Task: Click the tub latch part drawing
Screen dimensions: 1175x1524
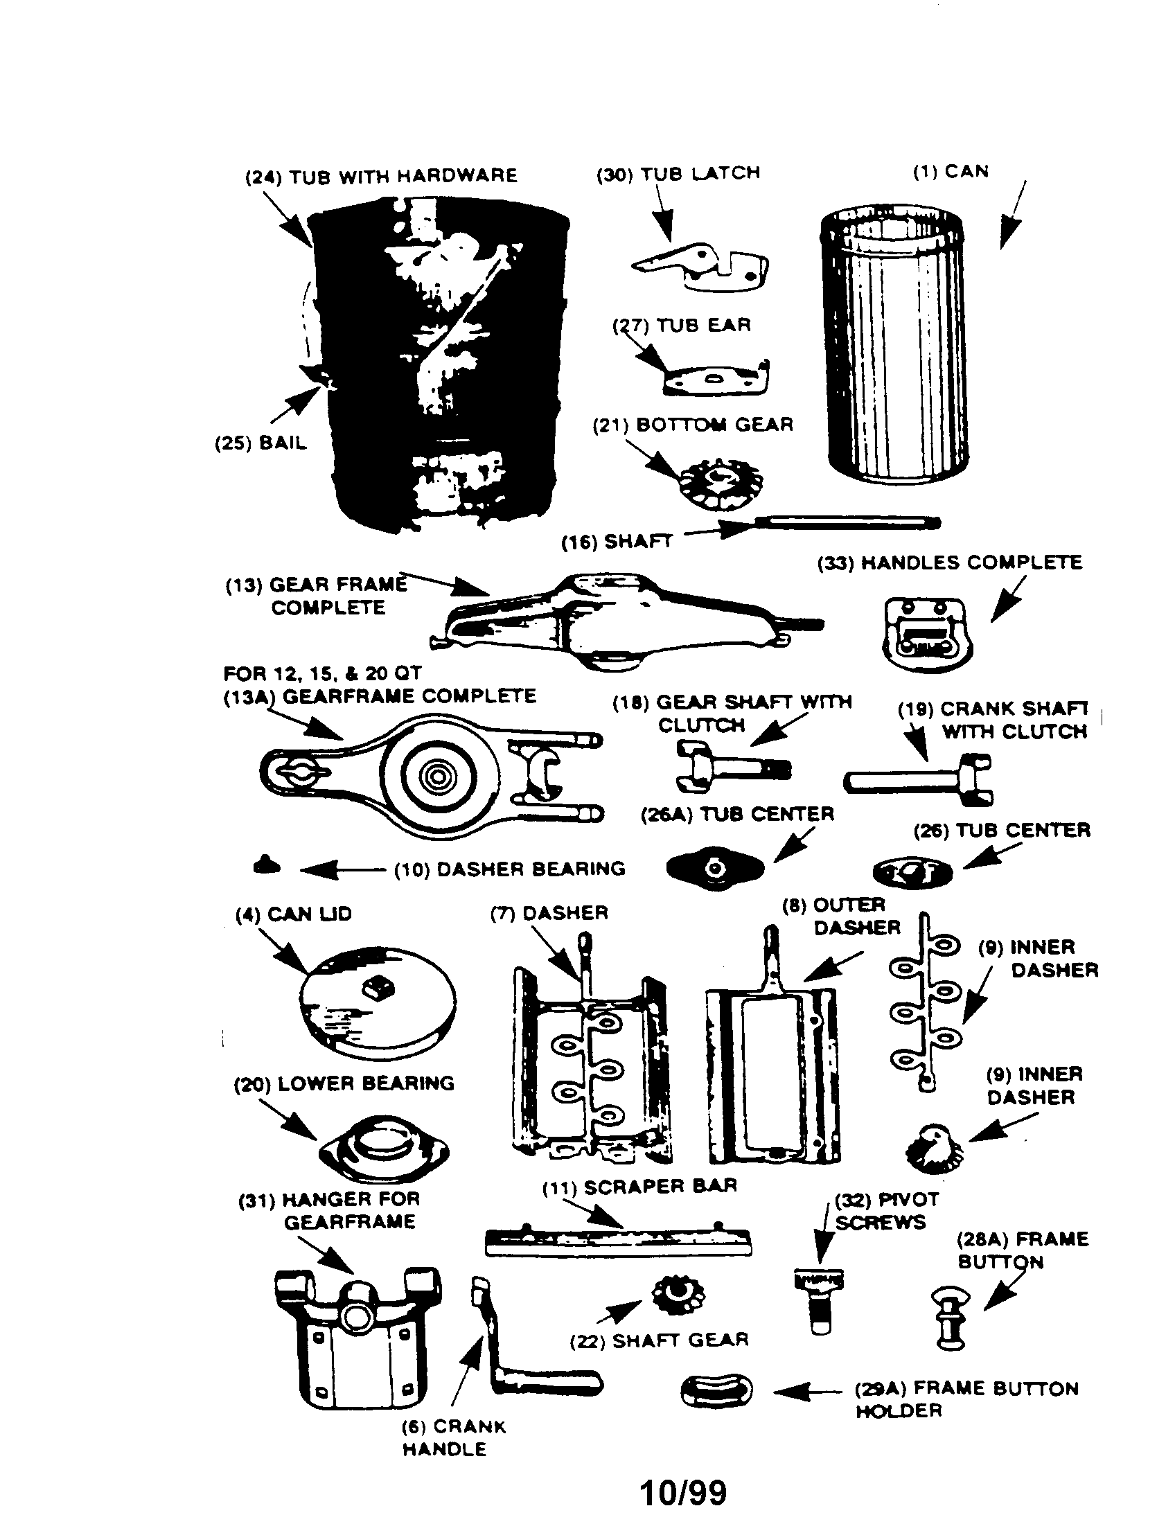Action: [x=701, y=268]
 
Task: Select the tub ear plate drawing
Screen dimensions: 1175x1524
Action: [x=715, y=380]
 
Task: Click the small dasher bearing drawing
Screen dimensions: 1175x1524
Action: [x=267, y=865]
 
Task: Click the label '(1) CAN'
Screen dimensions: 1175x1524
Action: [x=951, y=172]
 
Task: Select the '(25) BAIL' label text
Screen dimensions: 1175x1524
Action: [x=260, y=443]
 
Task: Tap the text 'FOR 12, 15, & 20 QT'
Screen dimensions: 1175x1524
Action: [x=322, y=673]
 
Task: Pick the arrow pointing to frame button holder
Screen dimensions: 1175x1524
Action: [x=807, y=1391]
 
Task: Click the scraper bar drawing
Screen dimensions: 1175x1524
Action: [x=618, y=1242]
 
